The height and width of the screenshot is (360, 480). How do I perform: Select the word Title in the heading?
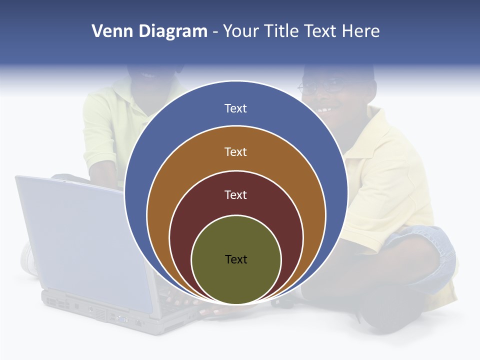285,31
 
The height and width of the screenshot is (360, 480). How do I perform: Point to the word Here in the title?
360,31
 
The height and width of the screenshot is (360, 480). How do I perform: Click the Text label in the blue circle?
235,108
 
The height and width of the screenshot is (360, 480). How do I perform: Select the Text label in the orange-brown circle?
235,151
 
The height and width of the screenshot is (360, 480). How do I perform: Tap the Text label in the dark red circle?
235,195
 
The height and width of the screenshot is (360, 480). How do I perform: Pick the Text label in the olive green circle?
236,259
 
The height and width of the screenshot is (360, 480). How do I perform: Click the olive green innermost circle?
236,280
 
